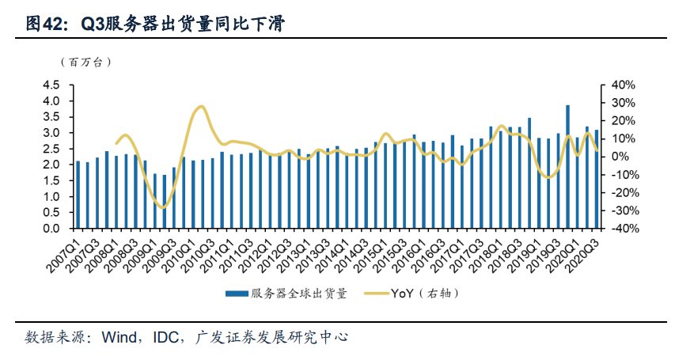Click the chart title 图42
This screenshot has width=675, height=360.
(x=44, y=25)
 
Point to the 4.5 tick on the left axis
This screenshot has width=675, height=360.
(x=51, y=85)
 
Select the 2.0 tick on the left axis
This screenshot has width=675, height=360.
(x=51, y=165)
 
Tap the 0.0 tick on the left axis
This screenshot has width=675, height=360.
(x=51, y=229)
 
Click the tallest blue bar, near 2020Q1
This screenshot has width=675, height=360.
(x=567, y=166)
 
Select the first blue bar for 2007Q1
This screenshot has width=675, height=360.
(x=78, y=195)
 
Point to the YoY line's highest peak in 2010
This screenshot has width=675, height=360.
(x=201, y=106)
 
